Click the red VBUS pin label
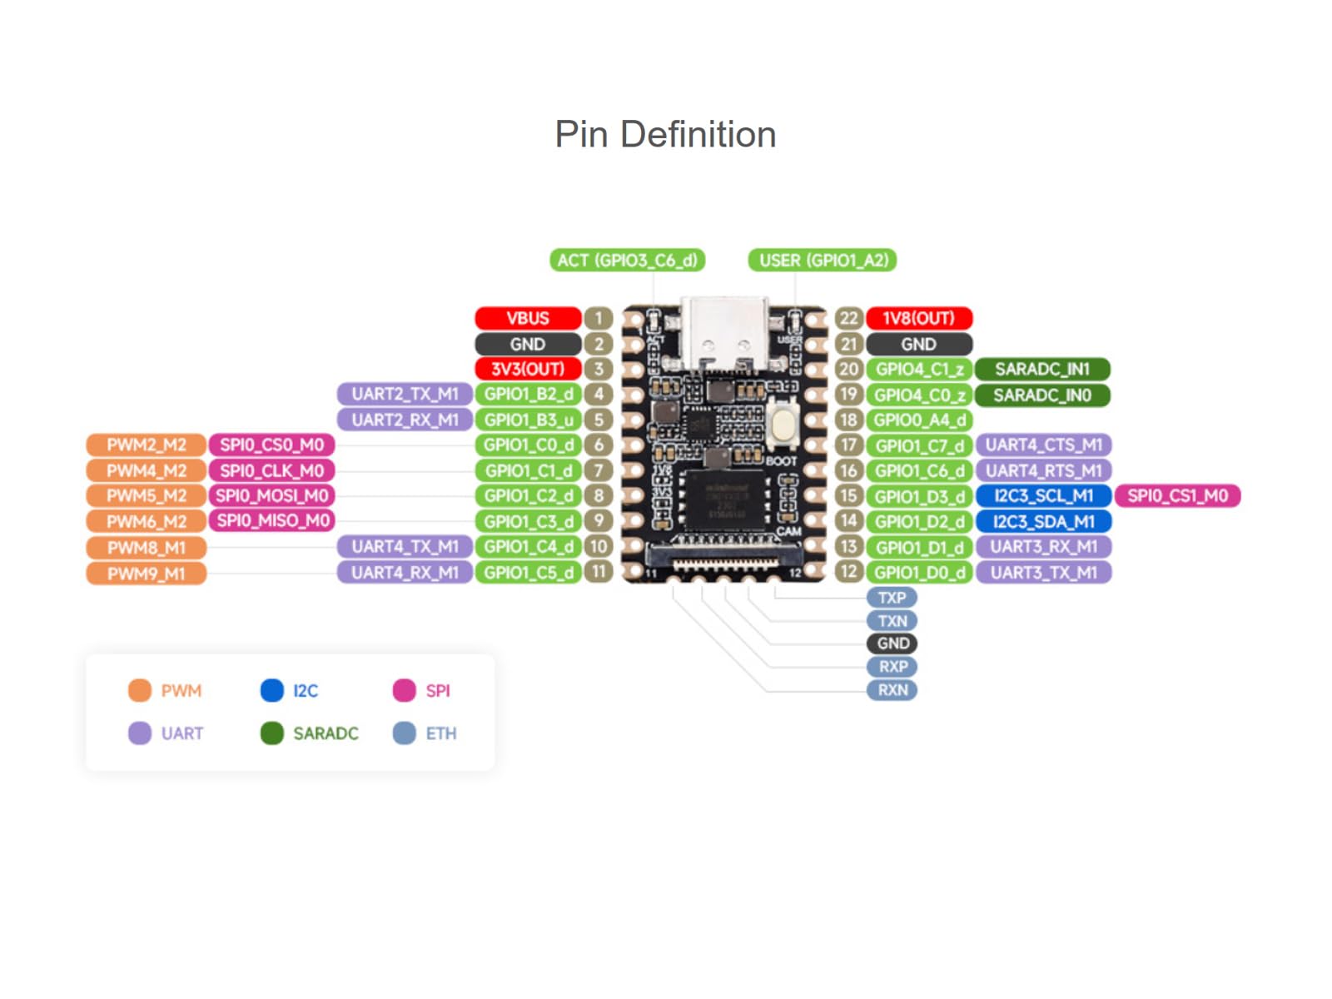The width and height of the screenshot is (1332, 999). point(528,318)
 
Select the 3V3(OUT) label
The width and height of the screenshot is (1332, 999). point(528,369)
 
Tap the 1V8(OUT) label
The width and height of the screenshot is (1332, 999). point(918,318)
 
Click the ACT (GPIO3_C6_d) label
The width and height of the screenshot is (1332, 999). point(627,261)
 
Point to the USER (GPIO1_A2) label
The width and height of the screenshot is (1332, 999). point(823,261)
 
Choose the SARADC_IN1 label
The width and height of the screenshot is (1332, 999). point(1042,369)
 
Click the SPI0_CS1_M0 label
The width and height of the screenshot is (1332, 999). point(1177,496)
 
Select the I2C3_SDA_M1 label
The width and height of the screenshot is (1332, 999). point(1043,522)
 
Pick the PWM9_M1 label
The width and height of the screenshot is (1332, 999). point(146,574)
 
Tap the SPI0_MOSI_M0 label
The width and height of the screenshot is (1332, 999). point(271,496)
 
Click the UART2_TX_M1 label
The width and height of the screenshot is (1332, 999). point(405,394)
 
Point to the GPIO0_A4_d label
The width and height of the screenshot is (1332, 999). point(919,420)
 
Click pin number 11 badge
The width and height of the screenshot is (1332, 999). point(599,572)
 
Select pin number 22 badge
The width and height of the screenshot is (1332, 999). point(848,318)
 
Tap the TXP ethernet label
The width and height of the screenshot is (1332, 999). point(892,598)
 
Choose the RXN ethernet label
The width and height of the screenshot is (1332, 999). point(892,690)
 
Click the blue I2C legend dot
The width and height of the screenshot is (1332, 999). point(272,690)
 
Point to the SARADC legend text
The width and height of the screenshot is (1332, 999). point(326,733)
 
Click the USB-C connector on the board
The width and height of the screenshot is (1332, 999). point(724,333)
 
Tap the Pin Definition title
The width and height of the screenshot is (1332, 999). point(665,134)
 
